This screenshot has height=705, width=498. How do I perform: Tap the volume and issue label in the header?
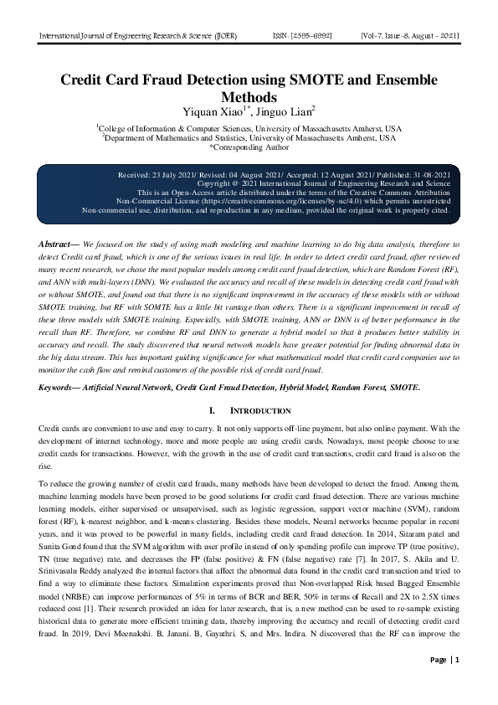pyautogui.click(x=409, y=38)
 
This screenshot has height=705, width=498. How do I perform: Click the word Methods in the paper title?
pyautogui.click(x=249, y=97)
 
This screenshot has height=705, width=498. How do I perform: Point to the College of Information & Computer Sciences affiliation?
pyautogui.click(x=249, y=128)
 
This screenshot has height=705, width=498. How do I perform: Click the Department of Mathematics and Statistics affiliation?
pyautogui.click(x=249, y=137)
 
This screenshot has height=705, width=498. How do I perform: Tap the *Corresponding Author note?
pyautogui.click(x=249, y=147)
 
